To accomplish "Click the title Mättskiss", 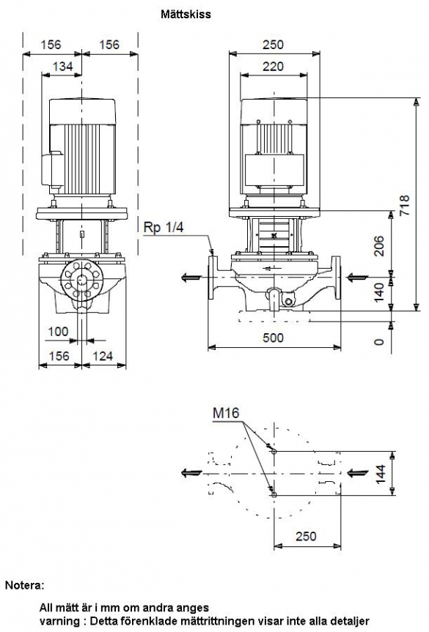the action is (x=186, y=15).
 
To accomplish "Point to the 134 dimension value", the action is (x=62, y=66).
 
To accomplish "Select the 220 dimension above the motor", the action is (x=273, y=66).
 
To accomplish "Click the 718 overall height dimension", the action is (x=404, y=205).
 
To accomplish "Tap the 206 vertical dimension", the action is (x=379, y=246).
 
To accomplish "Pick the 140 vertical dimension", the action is (x=379, y=293).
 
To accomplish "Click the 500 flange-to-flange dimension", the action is (x=273, y=338).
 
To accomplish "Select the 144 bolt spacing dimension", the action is (x=381, y=474).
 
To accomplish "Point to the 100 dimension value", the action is (x=58, y=331).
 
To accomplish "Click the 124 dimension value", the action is (x=103, y=356).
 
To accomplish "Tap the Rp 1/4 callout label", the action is (x=164, y=227).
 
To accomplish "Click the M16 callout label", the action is (x=226, y=413).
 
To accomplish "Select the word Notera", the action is (x=23, y=585).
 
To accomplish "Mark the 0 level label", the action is (x=379, y=342).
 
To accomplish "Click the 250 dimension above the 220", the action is (x=273, y=45).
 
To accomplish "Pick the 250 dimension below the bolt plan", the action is (x=306, y=536).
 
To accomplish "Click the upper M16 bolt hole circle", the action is (x=274, y=452).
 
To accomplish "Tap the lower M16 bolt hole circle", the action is (x=274, y=495).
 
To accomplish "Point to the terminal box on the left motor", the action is (x=52, y=168).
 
